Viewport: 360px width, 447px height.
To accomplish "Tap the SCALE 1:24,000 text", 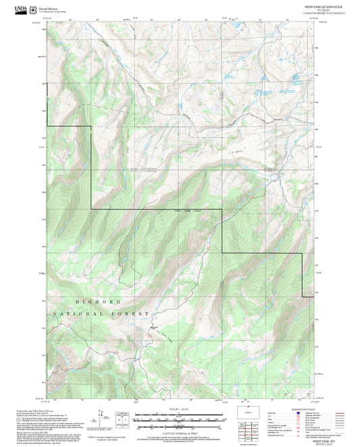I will click(x=179, y=410).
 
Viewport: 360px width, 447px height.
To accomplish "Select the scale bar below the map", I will click(x=179, y=419).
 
